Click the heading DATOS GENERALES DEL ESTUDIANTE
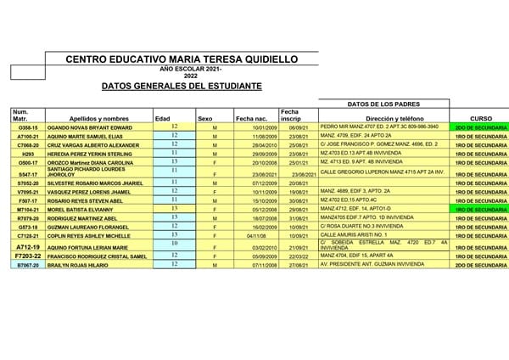(x=182, y=86)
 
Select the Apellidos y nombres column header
(x=99, y=118)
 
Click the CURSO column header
(x=481, y=118)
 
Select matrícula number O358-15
(x=28, y=127)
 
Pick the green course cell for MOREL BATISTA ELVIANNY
(x=481, y=209)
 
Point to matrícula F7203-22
(x=28, y=256)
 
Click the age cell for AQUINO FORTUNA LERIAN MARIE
(x=174, y=245)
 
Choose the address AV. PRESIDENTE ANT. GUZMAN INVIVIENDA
(x=372, y=265)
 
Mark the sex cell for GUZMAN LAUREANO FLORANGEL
(x=215, y=228)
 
